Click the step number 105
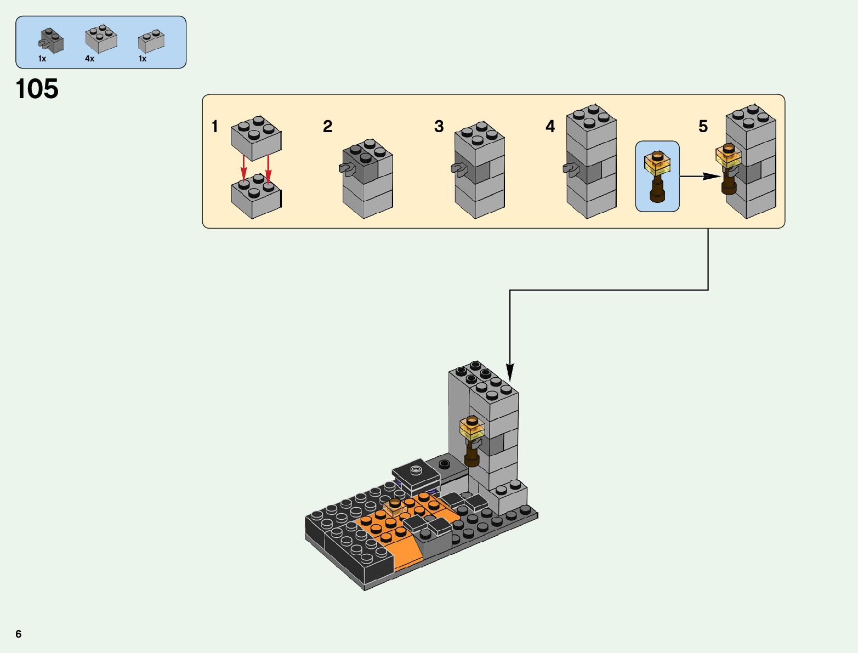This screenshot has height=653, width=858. click(37, 89)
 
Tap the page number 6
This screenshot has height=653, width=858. click(19, 634)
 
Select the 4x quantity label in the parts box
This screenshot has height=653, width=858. click(89, 59)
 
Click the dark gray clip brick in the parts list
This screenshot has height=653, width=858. click(51, 41)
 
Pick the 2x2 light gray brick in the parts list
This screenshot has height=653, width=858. click(101, 39)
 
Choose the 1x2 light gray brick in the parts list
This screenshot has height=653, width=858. click(151, 41)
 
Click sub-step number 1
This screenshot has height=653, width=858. click(214, 126)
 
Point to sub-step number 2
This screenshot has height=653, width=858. click(327, 126)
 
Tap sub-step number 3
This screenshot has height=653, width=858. click(439, 126)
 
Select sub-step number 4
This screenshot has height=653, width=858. click(550, 126)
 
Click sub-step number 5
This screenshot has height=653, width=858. click(703, 126)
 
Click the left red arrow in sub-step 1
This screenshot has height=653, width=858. click(243, 168)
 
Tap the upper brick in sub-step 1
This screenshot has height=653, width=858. click(256, 138)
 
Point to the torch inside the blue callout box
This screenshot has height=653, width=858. click(657, 176)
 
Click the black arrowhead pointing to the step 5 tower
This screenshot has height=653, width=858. click(712, 176)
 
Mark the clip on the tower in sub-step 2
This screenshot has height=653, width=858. click(346, 168)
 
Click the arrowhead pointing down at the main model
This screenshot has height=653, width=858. click(510, 372)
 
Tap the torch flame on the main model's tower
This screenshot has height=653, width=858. click(472, 427)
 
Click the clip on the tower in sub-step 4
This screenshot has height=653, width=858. click(571, 168)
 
